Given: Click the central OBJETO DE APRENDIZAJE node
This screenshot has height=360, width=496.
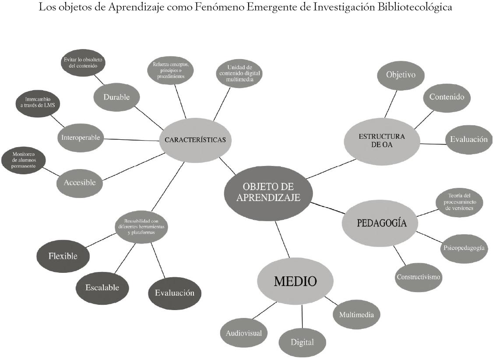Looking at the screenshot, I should tap(268, 193).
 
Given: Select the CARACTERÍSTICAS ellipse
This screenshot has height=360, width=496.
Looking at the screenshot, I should tap(195, 141).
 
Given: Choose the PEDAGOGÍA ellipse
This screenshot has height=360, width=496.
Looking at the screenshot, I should tap(380, 223).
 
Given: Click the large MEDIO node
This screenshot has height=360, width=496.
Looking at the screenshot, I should tap(295, 281).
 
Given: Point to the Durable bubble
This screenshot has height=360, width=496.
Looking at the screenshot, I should tap(116, 97).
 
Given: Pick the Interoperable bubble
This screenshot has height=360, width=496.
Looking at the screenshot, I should tap(80, 138).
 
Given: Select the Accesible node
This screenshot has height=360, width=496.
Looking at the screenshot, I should tap(80, 183).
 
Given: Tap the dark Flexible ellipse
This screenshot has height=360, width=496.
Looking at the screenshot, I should tap(63, 256).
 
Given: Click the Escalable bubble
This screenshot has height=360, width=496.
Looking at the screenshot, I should tap(102, 288).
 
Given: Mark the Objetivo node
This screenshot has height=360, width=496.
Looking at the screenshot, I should tap(400, 74).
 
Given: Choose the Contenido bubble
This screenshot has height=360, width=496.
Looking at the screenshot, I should tap(447, 97).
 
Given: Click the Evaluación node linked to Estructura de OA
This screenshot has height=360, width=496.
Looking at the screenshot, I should tap(469, 140).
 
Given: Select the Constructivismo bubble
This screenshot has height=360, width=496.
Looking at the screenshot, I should tap(419, 277).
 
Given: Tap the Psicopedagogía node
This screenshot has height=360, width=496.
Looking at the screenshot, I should tap(463, 248).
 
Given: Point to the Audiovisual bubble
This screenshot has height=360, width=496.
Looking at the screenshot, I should tap(244, 333).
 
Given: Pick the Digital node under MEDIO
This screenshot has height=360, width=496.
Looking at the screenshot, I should tap(302, 342).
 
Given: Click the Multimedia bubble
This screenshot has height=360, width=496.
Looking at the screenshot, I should tap(356, 314).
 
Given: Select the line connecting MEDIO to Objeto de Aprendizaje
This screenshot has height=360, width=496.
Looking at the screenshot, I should tap(282, 240).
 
